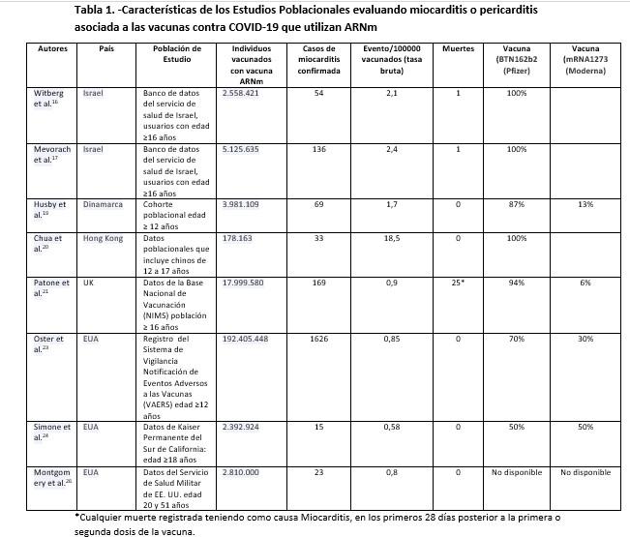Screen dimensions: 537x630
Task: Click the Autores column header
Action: pyautogui.click(x=52, y=48)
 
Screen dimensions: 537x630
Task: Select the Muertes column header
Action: pyautogui.click(x=458, y=48)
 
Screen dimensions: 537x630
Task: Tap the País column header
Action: pyautogui.click(x=106, y=48)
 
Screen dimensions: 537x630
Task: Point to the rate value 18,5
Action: pyautogui.click(x=391, y=238)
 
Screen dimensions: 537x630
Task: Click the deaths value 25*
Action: pyautogui.click(x=458, y=283)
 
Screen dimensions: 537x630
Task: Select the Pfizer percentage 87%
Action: pyautogui.click(x=516, y=205)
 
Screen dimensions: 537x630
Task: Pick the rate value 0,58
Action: pyautogui.click(x=391, y=427)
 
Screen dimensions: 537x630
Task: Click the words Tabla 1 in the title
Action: pyautogui.click(x=98, y=11)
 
